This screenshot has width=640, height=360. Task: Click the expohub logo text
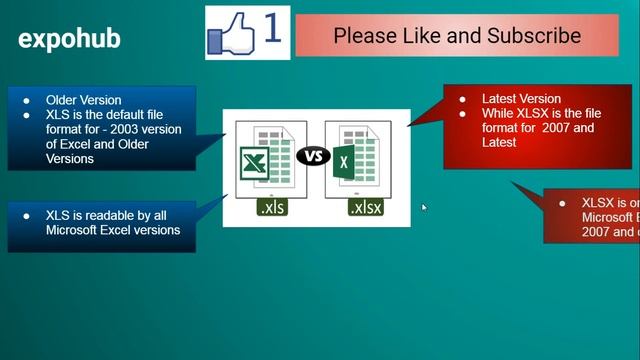pyautogui.click(x=69, y=39)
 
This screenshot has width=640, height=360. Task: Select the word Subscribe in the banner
pyautogui.click(x=532, y=36)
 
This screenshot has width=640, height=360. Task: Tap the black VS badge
pyautogui.click(x=313, y=156)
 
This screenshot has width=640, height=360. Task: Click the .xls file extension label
pyautogui.click(x=272, y=208)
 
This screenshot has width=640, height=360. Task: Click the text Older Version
pyautogui.click(x=84, y=100)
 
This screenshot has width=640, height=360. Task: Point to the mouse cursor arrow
pyautogui.click(x=424, y=208)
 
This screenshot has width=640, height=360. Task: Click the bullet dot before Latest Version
pyautogui.click(x=462, y=99)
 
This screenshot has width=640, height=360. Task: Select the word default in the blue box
pyautogui.click(x=130, y=115)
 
